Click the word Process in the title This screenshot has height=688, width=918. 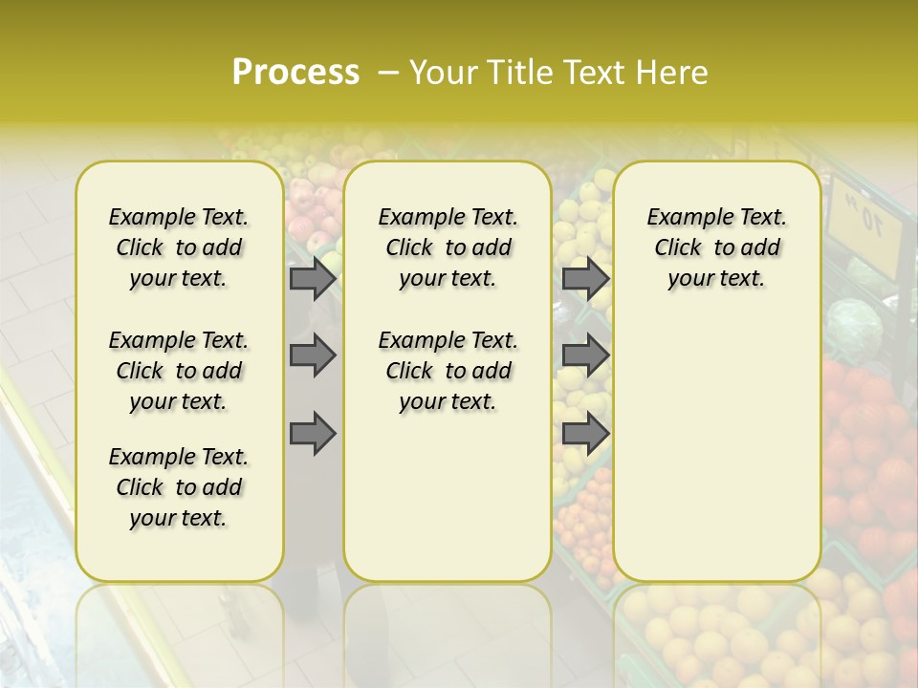tap(295, 73)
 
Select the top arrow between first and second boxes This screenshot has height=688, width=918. tap(313, 278)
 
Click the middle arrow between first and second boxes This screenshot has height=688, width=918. tap(313, 355)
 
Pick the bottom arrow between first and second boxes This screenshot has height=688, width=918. tap(313, 434)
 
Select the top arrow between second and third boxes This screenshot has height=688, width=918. tap(585, 278)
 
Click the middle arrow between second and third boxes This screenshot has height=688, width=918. tap(585, 355)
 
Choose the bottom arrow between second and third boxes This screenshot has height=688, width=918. tap(585, 434)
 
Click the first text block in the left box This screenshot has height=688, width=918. tap(179, 247)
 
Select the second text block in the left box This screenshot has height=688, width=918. tap(179, 371)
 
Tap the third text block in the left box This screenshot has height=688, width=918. tap(179, 487)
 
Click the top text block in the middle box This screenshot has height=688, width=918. tap(448, 247)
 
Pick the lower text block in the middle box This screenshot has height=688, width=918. tap(448, 371)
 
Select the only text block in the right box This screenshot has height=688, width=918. tap(717, 247)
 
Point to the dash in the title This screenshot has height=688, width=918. tap(389, 73)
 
